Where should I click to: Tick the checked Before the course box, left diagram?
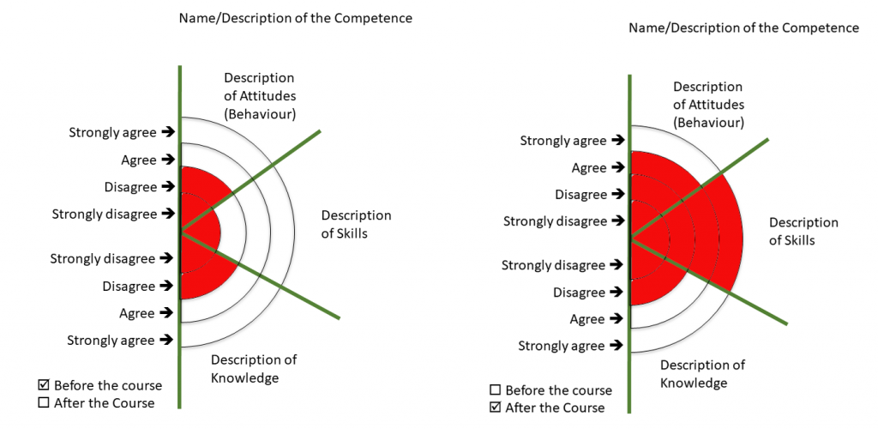[x=44, y=385]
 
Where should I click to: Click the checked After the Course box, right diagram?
[x=495, y=408]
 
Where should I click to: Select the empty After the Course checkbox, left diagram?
[x=44, y=402]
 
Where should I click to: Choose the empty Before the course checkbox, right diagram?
[x=495, y=390]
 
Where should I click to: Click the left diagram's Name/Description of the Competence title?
[x=295, y=18]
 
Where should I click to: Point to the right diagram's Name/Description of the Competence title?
[x=743, y=27]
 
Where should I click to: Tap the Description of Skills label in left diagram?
[x=356, y=224]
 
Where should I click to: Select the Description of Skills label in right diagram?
[x=803, y=232]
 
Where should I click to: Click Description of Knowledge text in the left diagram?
[x=254, y=368]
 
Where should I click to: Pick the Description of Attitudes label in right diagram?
[x=709, y=105]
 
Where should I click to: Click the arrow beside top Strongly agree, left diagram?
[x=167, y=132]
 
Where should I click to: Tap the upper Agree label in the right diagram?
[x=589, y=168]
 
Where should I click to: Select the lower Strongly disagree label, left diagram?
[x=103, y=258]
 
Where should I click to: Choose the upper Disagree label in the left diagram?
[x=130, y=187]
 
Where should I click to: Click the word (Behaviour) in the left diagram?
[x=258, y=114]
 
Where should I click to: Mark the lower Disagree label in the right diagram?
[x=579, y=293]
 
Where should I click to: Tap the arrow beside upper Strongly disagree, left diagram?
[x=167, y=214]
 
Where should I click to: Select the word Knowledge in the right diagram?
[x=694, y=383]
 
